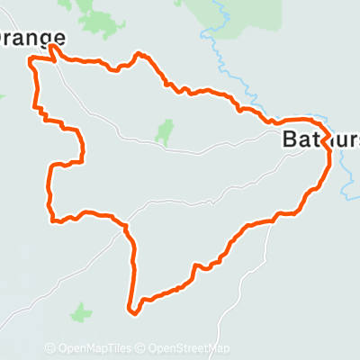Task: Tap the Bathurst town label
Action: click(320, 139)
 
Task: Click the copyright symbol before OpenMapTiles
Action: click(50, 348)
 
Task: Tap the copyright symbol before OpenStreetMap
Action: click(142, 348)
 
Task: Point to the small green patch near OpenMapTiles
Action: click(82, 313)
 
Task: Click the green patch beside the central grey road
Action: click(164, 132)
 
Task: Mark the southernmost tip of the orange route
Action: click(134, 313)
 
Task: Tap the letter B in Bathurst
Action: click(290, 139)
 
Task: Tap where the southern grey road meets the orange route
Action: click(270, 220)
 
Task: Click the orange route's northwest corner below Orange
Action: click(33, 60)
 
